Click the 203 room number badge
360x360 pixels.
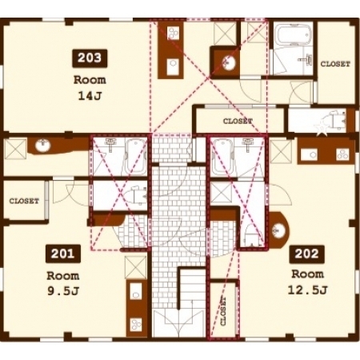pos(90,58)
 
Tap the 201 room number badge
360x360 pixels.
pos(63,254)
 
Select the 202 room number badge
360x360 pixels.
pos(306,254)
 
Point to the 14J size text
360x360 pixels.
pos(90,96)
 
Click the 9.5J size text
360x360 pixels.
pos(63,291)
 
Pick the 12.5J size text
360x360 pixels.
pos(307,290)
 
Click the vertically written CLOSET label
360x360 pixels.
pos(223,311)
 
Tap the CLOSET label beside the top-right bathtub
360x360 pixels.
pos(335,64)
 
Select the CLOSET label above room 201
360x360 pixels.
pos(24,201)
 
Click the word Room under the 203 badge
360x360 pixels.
pos(90,80)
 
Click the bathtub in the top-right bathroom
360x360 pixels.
pos(293,34)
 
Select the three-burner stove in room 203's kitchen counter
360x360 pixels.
pos(173,34)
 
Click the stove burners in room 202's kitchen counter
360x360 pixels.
pos(342,154)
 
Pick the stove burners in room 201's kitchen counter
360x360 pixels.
pos(136,324)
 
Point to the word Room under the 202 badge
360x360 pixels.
pos(307,274)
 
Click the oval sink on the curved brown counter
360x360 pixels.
pos(42,146)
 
